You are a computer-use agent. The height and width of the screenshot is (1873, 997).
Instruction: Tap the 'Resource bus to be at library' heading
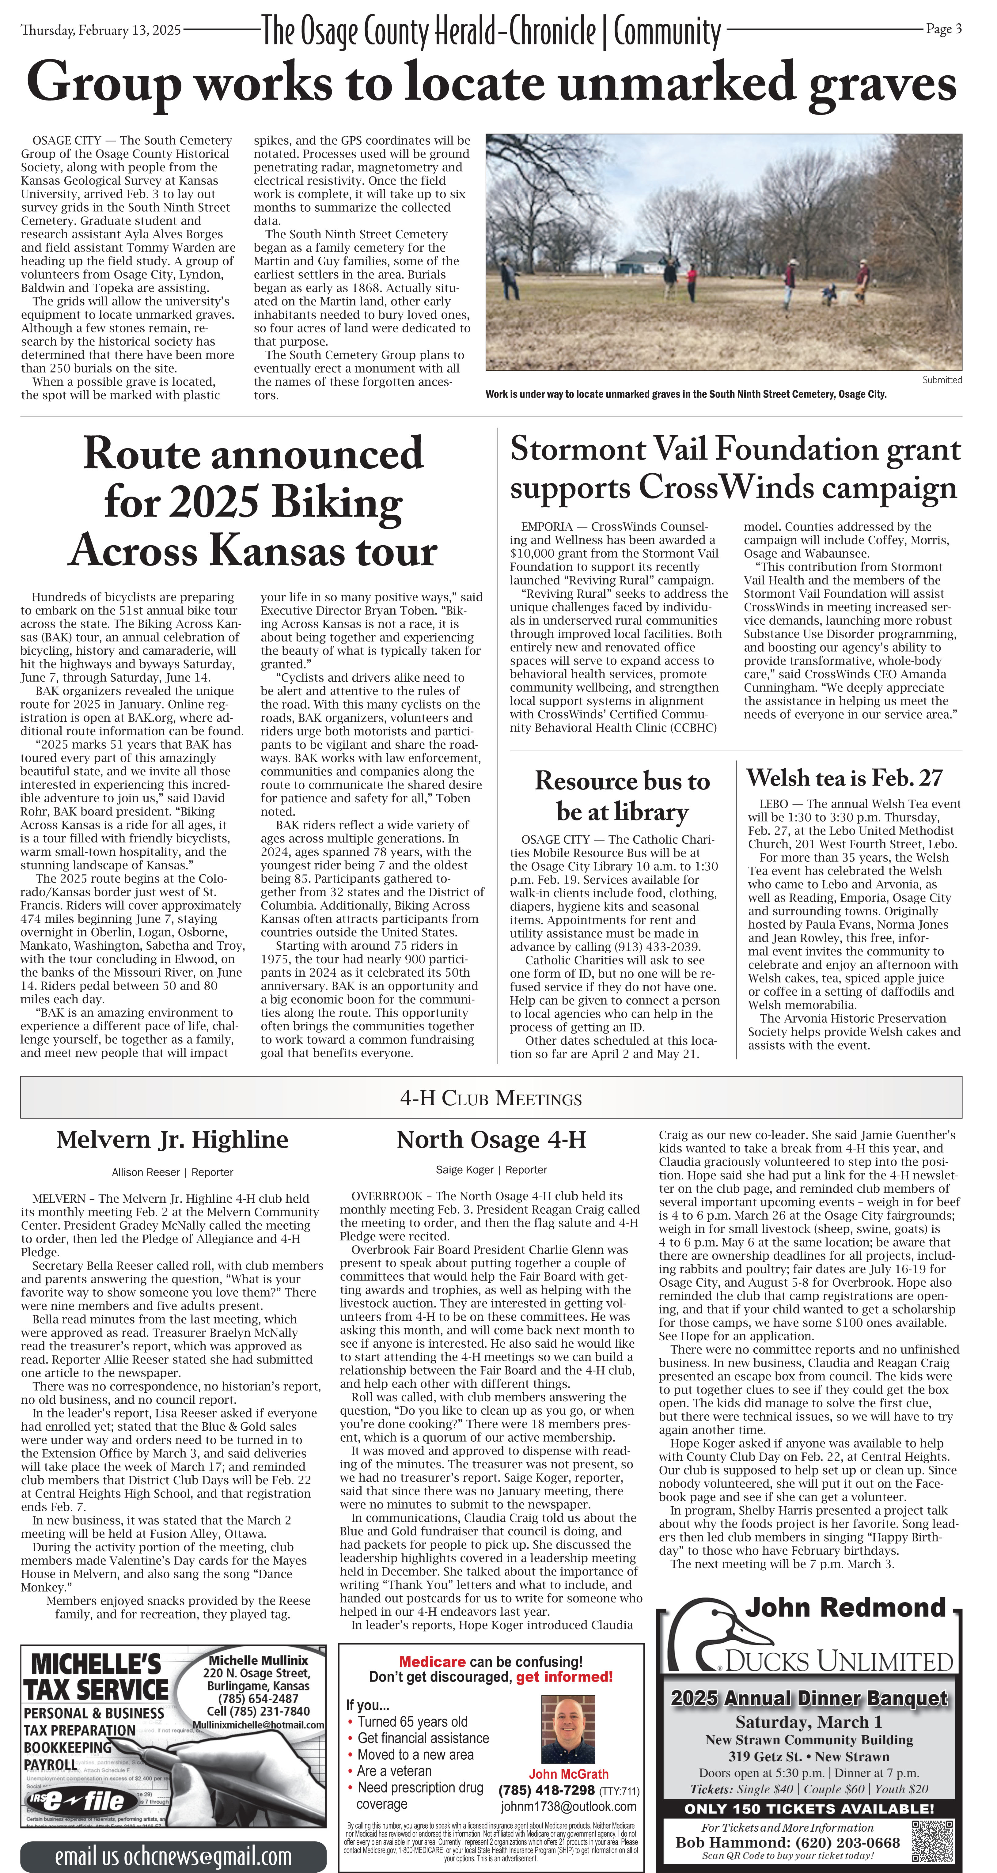coord(623,796)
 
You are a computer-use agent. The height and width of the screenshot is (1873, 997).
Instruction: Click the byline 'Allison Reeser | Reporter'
coord(172,1172)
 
